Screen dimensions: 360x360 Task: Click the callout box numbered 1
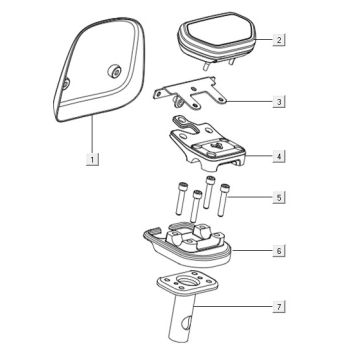[x=92, y=159]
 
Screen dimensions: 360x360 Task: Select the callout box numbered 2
[x=279, y=40]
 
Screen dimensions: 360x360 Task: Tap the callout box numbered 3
[x=279, y=101]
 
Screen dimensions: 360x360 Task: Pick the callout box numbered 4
[x=279, y=156]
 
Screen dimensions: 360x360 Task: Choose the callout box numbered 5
[x=279, y=197]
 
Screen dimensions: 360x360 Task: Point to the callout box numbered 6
[x=279, y=250]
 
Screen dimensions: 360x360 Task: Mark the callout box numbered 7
[x=279, y=307]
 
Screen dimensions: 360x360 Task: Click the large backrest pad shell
[x=100, y=68]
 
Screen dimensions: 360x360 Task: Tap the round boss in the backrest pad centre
[x=114, y=71]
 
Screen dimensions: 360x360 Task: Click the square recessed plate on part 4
[x=215, y=148]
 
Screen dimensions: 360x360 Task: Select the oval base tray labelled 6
[x=188, y=247]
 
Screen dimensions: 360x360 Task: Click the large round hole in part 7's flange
[x=188, y=280]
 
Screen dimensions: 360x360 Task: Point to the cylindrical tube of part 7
[x=183, y=317]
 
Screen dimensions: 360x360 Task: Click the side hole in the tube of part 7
[x=187, y=323]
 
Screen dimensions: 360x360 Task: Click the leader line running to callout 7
[x=233, y=306]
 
